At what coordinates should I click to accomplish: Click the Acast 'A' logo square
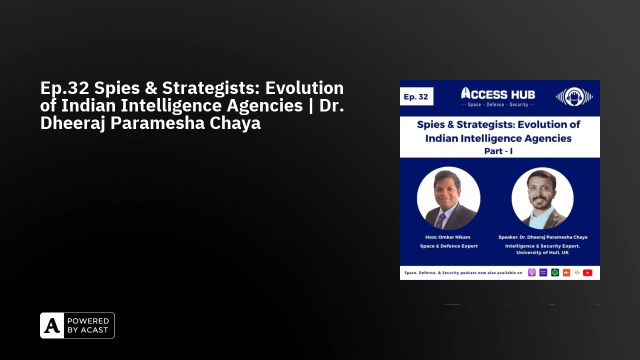(x=52, y=325)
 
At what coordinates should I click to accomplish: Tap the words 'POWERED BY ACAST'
(x=88, y=325)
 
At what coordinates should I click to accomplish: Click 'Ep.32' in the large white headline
(x=64, y=88)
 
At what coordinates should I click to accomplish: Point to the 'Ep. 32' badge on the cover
(x=416, y=97)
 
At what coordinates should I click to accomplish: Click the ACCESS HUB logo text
(x=497, y=93)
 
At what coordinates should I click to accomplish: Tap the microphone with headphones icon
(x=574, y=96)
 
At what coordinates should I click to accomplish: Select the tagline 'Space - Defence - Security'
(x=497, y=105)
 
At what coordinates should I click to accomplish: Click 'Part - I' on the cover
(x=498, y=150)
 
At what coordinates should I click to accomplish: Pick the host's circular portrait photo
(x=448, y=198)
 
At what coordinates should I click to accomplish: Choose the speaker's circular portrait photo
(x=542, y=198)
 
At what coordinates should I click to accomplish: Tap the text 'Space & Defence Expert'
(x=448, y=246)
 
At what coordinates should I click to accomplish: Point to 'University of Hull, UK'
(x=542, y=252)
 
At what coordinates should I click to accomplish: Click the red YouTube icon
(x=587, y=272)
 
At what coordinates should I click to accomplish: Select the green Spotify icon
(x=555, y=272)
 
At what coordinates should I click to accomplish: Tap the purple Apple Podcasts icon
(x=532, y=272)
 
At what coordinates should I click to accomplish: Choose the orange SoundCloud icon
(x=566, y=272)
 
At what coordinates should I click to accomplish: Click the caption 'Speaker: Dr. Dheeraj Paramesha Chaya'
(x=542, y=237)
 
